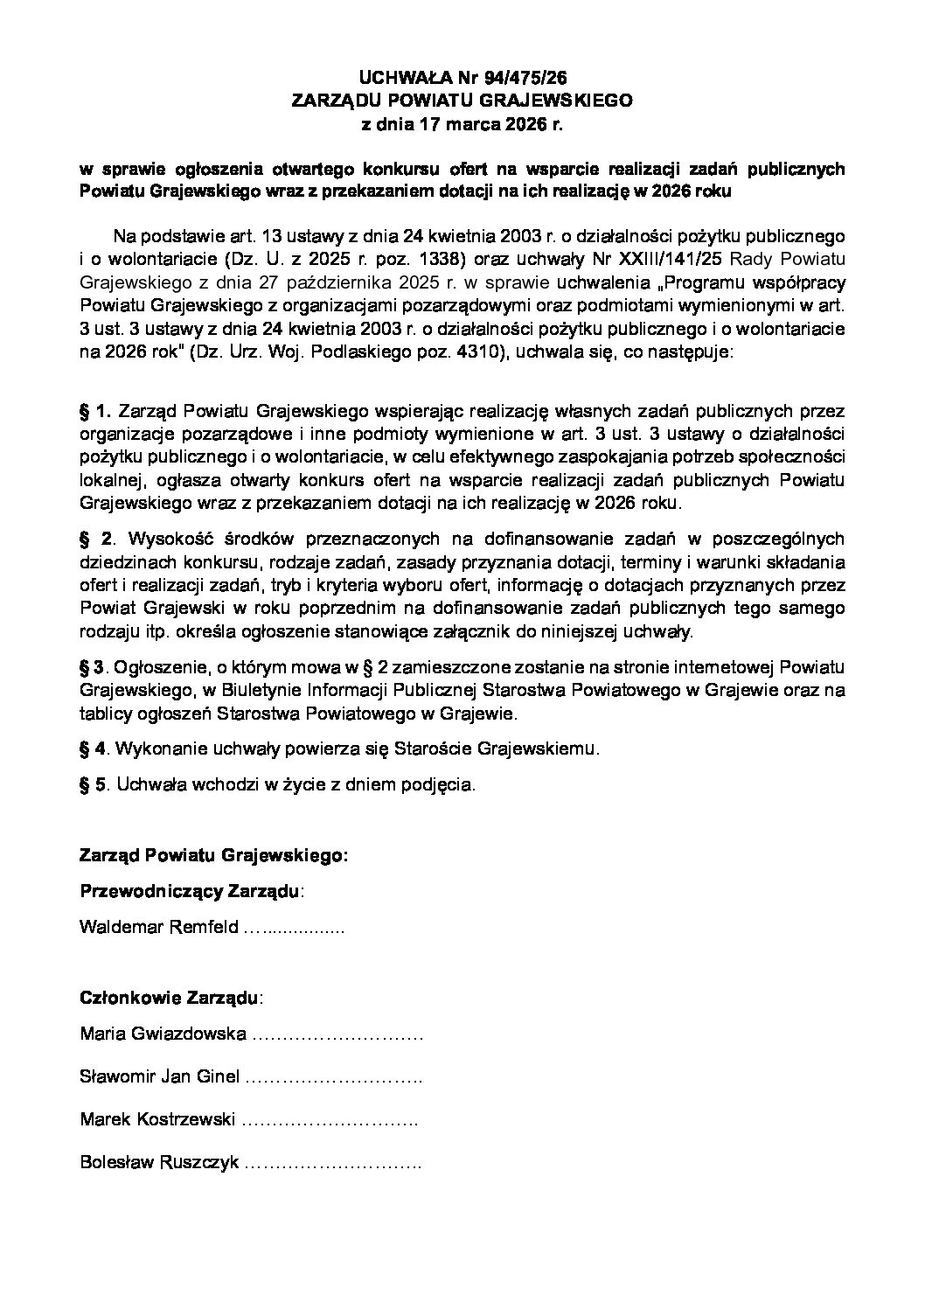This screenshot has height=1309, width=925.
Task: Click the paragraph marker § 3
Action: pos(92,668)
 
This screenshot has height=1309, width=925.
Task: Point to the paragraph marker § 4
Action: pos(92,748)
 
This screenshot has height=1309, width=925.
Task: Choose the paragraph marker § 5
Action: pos(92,784)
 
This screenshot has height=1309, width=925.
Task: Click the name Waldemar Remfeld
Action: pos(158,928)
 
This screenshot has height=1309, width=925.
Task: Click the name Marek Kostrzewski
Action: pos(156,1119)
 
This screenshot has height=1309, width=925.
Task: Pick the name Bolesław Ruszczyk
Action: pos(159,1163)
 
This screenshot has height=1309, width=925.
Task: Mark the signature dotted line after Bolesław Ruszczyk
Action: pos(333,1165)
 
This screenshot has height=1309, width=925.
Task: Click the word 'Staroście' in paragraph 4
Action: pos(428,748)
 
